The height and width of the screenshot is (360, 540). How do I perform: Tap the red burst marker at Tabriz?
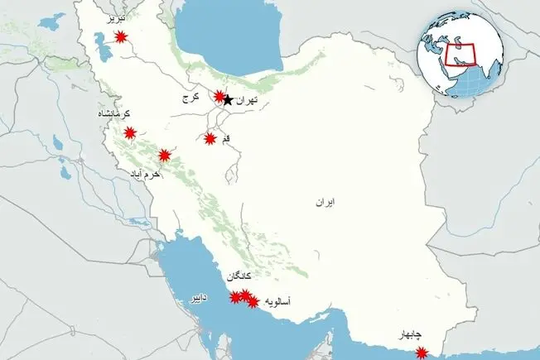pos(122,36)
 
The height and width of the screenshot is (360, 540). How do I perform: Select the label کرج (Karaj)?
pos(191,98)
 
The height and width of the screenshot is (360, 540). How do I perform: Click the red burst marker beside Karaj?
pos(219,96)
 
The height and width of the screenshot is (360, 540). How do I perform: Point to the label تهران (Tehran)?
pos(248,100)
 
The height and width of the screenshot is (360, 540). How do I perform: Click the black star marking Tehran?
pos(229,100)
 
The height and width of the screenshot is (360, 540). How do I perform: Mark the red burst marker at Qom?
pos(210,138)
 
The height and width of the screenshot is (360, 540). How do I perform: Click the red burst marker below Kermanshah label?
pos(130,132)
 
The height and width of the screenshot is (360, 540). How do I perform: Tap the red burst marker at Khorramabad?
pos(165,155)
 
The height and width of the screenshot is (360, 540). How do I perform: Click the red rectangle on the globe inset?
pos(463,55)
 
